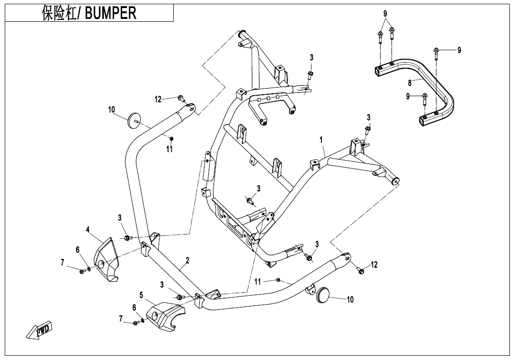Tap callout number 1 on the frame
321,140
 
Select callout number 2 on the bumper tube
187,261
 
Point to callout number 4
88,230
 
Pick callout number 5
141,295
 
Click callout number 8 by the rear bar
410,83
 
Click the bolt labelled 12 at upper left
181,98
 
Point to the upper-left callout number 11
169,149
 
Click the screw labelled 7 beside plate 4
82,271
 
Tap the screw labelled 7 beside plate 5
136,323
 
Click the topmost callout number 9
385,14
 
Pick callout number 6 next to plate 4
78,250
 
